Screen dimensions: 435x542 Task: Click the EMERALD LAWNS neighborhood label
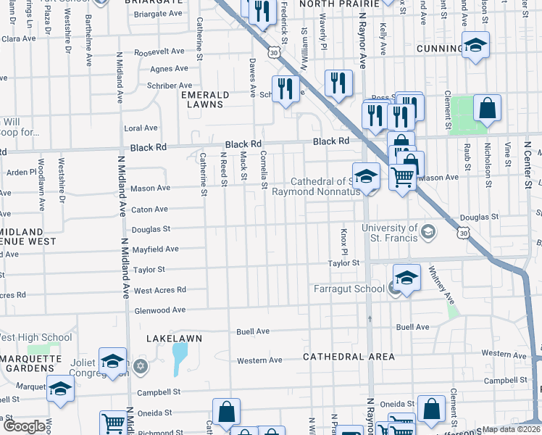[205, 99]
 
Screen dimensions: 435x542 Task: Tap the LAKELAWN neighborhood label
[174, 339]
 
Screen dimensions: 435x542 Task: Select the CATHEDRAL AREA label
[349, 357]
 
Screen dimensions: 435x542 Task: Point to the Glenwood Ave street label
[159, 310]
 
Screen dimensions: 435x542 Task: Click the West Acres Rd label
[160, 290]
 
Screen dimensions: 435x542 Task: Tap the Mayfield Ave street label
[155, 249]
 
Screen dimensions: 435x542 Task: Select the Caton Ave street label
[150, 209]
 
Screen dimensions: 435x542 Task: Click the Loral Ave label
[141, 128]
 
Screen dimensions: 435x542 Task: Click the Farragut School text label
[349, 289]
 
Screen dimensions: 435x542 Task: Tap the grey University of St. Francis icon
[428, 232]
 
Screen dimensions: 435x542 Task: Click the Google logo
[25, 426]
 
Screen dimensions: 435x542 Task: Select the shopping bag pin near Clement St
[488, 109]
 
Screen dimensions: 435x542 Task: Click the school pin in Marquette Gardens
[61, 388]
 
